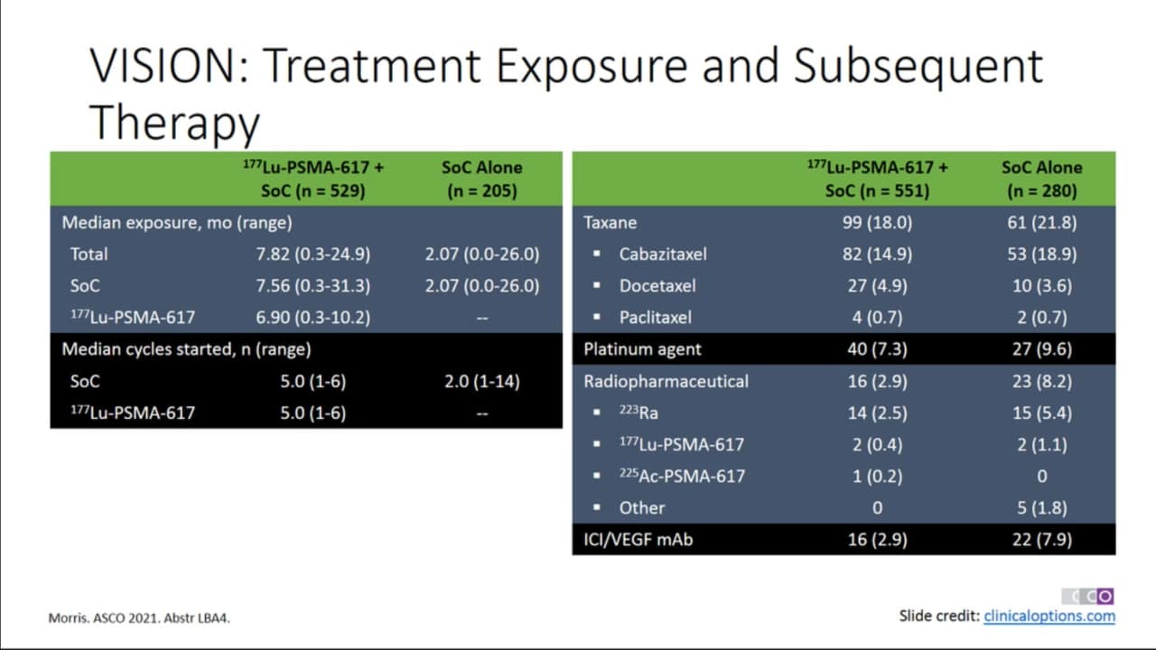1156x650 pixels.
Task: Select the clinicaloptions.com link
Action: click(x=1049, y=616)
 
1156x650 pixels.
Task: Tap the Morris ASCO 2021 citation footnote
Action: click(x=139, y=618)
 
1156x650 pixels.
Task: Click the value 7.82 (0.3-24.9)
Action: click(x=313, y=255)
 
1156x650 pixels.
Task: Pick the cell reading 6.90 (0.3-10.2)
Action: click(x=313, y=317)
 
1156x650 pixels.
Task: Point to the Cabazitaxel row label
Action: click(x=663, y=255)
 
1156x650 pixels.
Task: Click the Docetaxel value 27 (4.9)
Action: click(x=877, y=286)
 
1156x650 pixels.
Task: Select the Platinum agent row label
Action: click(x=642, y=349)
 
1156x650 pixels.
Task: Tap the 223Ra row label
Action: click(x=639, y=413)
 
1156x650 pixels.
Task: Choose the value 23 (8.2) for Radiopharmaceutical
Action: click(x=1042, y=381)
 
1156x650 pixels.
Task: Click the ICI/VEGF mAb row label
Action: click(x=638, y=540)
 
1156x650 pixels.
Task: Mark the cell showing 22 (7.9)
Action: click(x=1042, y=540)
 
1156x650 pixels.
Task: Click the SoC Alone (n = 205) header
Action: click(x=482, y=179)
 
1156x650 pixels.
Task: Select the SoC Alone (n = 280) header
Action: click(x=1042, y=179)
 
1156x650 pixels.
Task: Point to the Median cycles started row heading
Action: click(x=186, y=349)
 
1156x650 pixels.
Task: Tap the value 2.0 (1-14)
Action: click(x=482, y=381)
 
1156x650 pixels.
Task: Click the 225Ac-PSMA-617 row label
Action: click(x=682, y=476)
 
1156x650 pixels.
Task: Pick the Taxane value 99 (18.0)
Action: click(x=877, y=222)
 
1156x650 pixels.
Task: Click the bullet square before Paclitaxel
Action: click(x=597, y=317)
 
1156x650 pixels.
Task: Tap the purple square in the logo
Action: click(x=1105, y=597)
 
